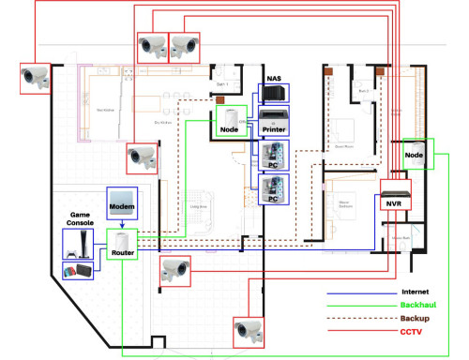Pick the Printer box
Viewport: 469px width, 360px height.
(x=273, y=121)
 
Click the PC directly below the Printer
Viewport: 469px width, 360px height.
(x=273, y=154)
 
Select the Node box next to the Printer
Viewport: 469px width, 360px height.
(x=230, y=120)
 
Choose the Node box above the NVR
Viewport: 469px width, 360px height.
(x=418, y=154)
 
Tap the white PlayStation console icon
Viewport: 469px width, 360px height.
(x=78, y=243)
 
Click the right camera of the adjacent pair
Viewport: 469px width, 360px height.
(x=184, y=45)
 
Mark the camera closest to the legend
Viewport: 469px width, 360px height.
(x=247, y=329)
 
